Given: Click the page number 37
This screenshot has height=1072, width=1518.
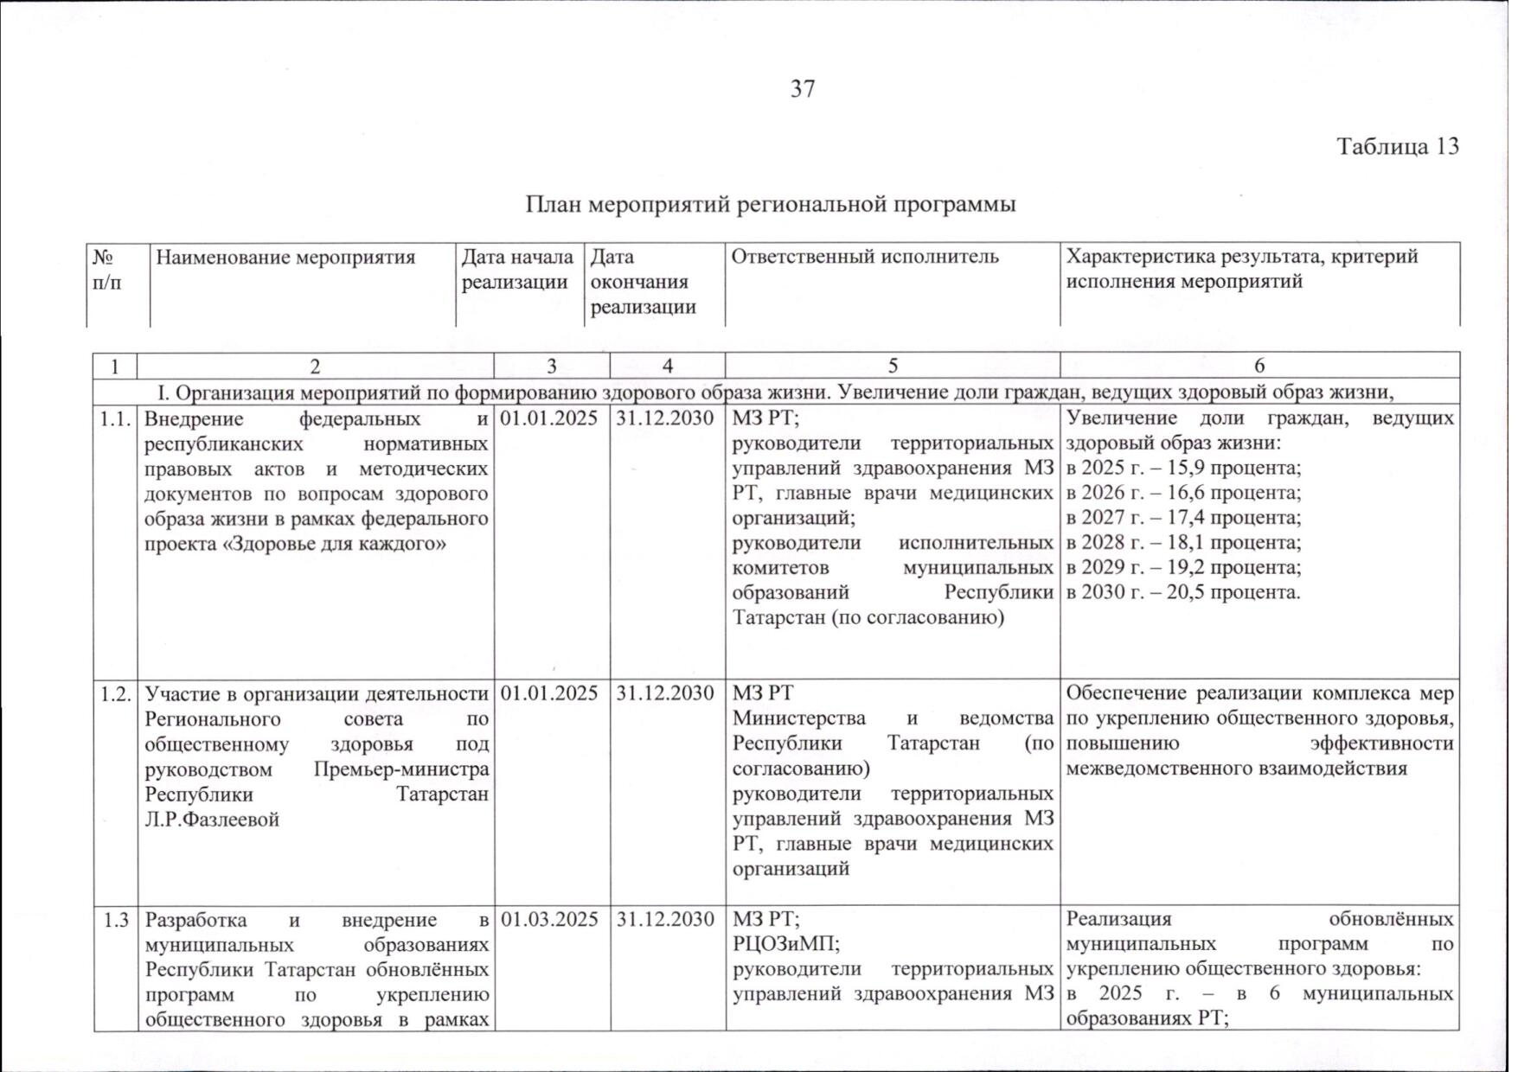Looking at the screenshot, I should click(803, 89).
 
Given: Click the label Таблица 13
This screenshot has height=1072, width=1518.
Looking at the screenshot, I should click(1398, 146).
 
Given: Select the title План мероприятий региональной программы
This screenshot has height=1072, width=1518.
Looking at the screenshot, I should click(771, 205).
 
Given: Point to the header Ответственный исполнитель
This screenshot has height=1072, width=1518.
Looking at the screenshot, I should click(865, 257).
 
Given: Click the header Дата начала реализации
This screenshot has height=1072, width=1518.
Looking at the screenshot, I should click(517, 269).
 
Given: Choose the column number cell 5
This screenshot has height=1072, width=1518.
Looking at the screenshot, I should click(893, 366).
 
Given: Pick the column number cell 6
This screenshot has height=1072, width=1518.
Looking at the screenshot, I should click(1259, 366).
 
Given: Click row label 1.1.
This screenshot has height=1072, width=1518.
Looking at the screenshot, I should click(116, 418).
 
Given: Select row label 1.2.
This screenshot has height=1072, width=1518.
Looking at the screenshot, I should click(116, 693).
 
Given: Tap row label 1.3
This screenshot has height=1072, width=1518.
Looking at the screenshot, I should click(116, 919).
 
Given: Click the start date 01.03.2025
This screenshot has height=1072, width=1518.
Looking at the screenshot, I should click(550, 919).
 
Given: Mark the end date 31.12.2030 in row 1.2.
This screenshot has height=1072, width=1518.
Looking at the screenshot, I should click(666, 693).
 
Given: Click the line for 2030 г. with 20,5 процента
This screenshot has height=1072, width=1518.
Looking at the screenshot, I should click(1183, 593).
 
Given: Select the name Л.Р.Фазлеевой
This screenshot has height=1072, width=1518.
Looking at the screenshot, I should click(212, 820).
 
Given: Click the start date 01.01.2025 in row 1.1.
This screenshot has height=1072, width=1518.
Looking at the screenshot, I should click(550, 418).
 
